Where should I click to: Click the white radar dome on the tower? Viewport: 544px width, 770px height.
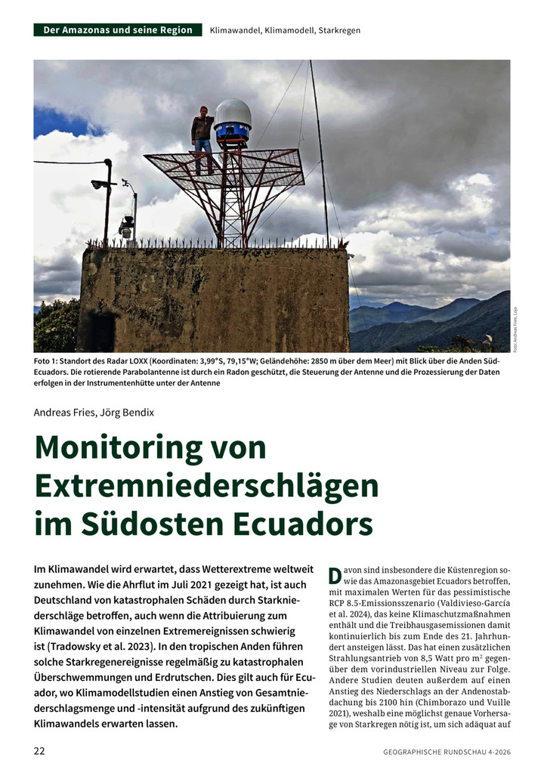232,114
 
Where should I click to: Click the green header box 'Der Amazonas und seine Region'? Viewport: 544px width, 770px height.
118,30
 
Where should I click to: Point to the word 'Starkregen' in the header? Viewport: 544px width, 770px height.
339,30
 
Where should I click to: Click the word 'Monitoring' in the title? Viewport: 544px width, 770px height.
125,447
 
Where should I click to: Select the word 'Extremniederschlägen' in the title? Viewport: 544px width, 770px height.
206,486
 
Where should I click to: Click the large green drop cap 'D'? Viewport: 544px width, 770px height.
335,575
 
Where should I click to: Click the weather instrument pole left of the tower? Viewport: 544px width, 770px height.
108,200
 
